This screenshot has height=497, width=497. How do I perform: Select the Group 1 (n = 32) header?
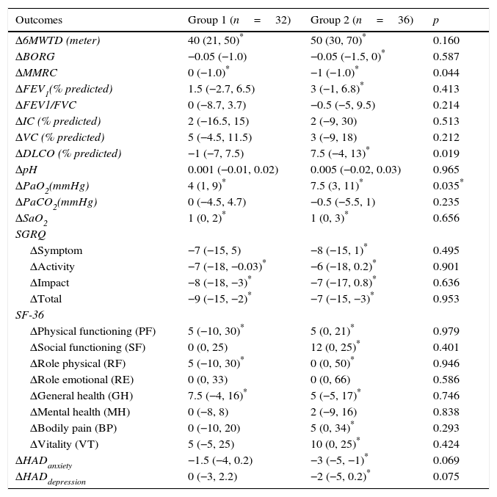[239, 20]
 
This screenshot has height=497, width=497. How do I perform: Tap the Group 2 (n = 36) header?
[361, 20]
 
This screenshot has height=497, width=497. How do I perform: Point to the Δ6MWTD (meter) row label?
[58, 40]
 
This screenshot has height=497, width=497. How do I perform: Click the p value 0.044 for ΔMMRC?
[446, 73]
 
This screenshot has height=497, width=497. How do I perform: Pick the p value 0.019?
[446, 153]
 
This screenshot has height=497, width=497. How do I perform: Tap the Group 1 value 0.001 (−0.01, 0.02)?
[233, 170]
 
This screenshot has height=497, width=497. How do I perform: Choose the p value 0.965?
[446, 170]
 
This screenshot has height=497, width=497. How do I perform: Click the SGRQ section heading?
[30, 234]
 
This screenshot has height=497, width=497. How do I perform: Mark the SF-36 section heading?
[29, 315]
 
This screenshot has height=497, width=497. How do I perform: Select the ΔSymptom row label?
[56, 250]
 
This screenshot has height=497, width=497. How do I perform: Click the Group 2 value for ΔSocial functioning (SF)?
[334, 347]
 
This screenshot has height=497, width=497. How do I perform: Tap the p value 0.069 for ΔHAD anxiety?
[446, 460]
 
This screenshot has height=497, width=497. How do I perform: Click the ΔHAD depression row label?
[51, 478]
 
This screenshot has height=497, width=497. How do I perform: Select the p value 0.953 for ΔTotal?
[446, 299]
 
